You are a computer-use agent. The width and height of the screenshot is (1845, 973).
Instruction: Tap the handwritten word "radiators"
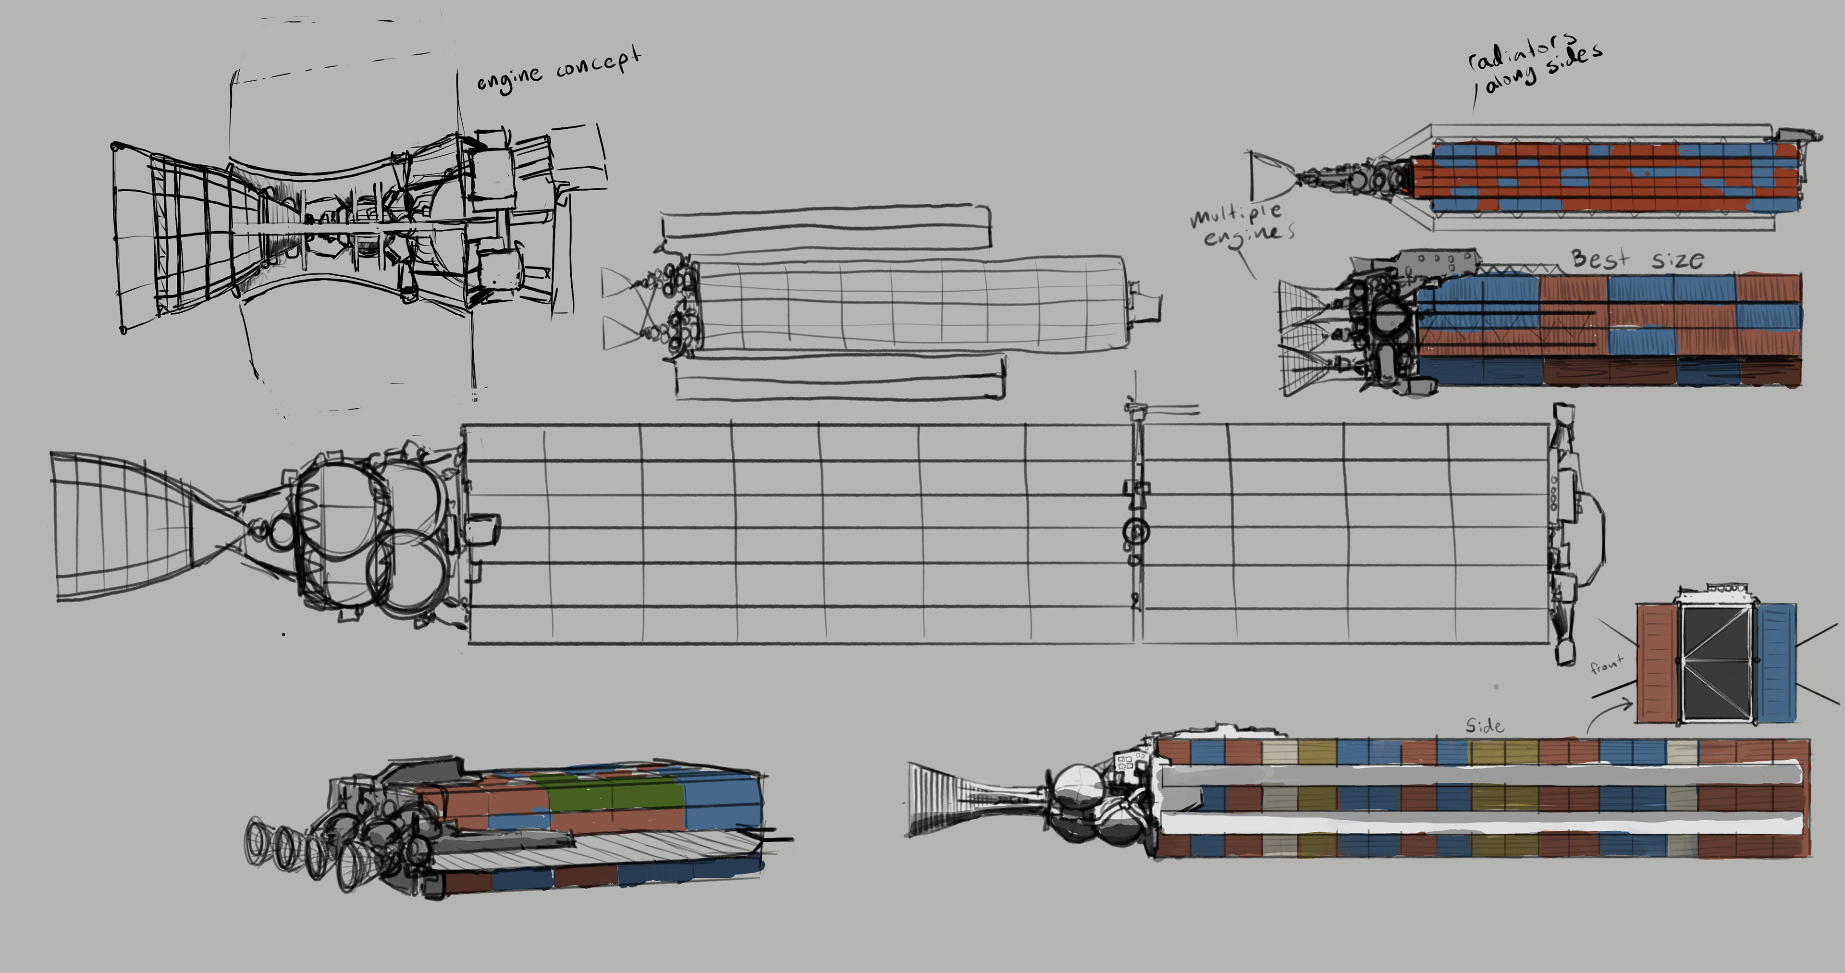(x=1522, y=51)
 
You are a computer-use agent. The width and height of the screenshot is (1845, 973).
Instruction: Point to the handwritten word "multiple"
(x=1235, y=214)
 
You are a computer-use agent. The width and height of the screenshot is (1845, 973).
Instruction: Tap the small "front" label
(x=1607, y=665)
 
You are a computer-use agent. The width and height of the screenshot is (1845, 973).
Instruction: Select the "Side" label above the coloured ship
(x=1484, y=726)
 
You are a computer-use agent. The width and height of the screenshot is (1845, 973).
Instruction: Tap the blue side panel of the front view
(x=1776, y=662)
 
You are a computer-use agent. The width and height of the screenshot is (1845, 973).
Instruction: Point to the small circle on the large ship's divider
(x=1136, y=531)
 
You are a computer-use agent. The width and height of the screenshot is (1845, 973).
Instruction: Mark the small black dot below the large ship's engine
(x=284, y=633)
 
